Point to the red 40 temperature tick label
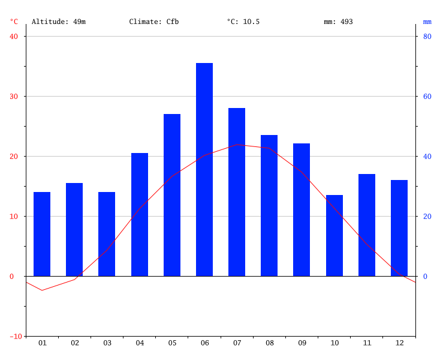[14, 36]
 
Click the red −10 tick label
[12, 336]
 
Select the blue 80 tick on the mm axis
[427, 36]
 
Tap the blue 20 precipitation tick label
[427, 216]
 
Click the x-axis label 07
[237, 343]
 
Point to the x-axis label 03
[107, 343]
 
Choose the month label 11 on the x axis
[367, 343]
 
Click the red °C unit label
[14, 22]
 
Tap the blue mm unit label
[427, 22]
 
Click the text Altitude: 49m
[59, 22]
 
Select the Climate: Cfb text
[154, 22]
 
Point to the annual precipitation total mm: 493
[338, 22]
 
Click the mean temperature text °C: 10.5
[243, 22]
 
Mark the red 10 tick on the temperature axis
[14, 216]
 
